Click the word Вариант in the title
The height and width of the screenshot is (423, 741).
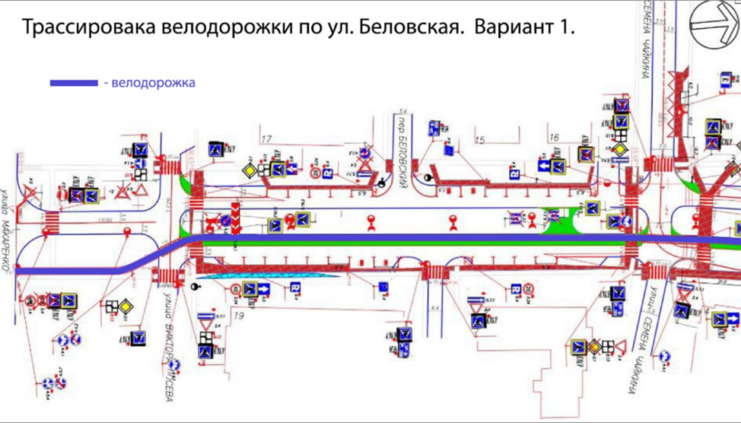512,27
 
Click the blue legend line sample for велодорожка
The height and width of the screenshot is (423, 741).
73,83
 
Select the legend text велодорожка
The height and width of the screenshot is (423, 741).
153,83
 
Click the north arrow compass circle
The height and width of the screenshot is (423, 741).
715,27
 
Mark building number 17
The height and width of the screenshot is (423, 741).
266,139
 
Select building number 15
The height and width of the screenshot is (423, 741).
479,140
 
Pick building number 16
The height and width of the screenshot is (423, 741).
554,137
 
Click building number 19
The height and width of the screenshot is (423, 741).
240,313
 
